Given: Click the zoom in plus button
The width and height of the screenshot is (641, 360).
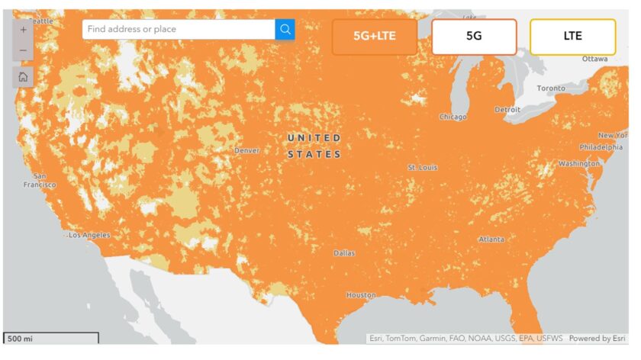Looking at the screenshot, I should point(23,30).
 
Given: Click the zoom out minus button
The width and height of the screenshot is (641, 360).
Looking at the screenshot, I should point(23,50).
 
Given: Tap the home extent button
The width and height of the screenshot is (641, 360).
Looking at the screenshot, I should point(23,76).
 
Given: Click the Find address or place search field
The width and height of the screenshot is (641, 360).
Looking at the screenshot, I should point(179,29).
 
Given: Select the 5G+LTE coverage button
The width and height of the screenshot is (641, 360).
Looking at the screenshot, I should point(375,36).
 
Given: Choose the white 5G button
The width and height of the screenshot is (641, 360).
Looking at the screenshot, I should point(474,36).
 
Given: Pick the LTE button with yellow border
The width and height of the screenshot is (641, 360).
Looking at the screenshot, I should point(572,36).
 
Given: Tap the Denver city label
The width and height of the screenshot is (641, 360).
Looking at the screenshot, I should point(246,150).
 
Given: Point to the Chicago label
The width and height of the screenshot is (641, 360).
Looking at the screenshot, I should point(453,117).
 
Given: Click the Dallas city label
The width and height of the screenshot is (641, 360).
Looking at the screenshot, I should point(344,252).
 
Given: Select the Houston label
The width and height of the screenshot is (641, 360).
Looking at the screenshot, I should point(361,294).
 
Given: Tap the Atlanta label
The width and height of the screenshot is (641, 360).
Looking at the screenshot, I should point(491,239).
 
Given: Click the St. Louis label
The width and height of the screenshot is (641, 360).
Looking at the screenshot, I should point(422,166).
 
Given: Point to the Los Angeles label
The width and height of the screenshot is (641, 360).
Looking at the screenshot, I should point(90,235).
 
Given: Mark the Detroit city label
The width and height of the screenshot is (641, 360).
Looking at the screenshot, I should point(507,109).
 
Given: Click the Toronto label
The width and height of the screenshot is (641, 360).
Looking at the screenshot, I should point(551,88).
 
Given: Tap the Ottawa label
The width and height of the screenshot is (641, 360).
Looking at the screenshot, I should point(594,59).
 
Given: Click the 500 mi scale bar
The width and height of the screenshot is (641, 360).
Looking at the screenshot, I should point(51,337).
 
